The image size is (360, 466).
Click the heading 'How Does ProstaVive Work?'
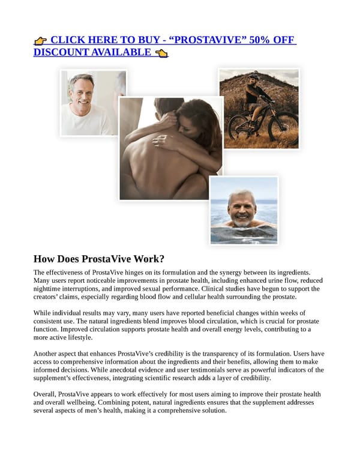[98, 259]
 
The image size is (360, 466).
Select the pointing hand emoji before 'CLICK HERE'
[40, 41]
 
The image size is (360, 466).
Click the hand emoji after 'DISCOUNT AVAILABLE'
[161, 53]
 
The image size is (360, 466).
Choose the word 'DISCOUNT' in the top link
[61, 53]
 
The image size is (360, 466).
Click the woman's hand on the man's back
[163, 141]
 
